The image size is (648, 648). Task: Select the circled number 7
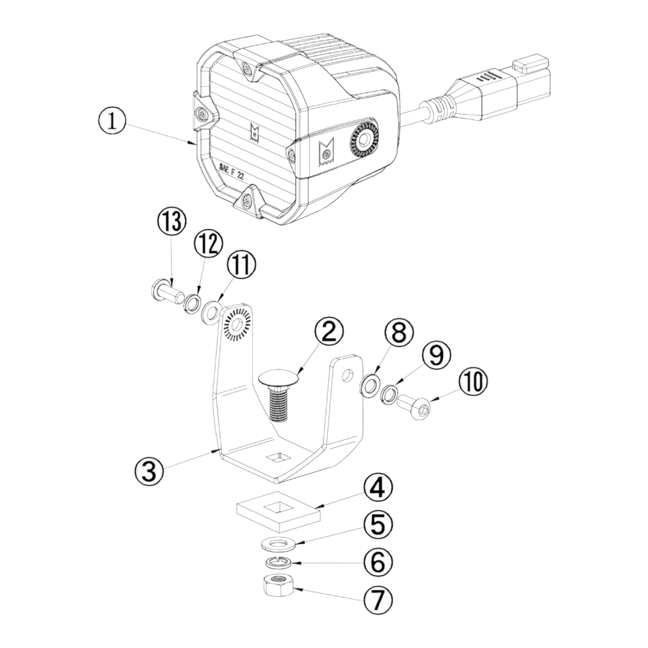377,608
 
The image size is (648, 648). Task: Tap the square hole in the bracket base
277,458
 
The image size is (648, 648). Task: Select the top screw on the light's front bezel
247,70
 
